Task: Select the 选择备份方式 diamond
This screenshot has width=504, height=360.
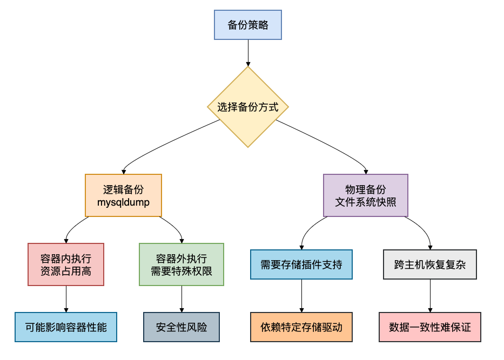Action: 248,107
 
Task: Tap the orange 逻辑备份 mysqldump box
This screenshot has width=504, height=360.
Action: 123,196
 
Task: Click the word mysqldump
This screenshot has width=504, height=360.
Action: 123,203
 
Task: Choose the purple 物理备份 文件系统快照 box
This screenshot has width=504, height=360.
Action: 365,196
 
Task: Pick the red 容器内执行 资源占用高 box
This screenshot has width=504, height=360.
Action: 66,264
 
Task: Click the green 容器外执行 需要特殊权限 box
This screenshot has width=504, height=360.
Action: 181,264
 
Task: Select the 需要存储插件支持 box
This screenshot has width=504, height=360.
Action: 301,264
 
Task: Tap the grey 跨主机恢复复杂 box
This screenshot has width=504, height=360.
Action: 430,264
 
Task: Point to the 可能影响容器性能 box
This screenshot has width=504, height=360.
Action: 66,327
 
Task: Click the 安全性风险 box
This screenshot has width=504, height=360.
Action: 181,327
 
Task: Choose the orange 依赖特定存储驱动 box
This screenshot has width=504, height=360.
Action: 301,327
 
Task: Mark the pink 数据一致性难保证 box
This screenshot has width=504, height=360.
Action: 430,327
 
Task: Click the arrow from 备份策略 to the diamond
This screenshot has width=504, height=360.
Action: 248,52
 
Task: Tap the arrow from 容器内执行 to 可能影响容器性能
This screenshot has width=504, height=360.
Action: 66,298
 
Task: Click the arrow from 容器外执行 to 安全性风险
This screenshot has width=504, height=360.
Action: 181,298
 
